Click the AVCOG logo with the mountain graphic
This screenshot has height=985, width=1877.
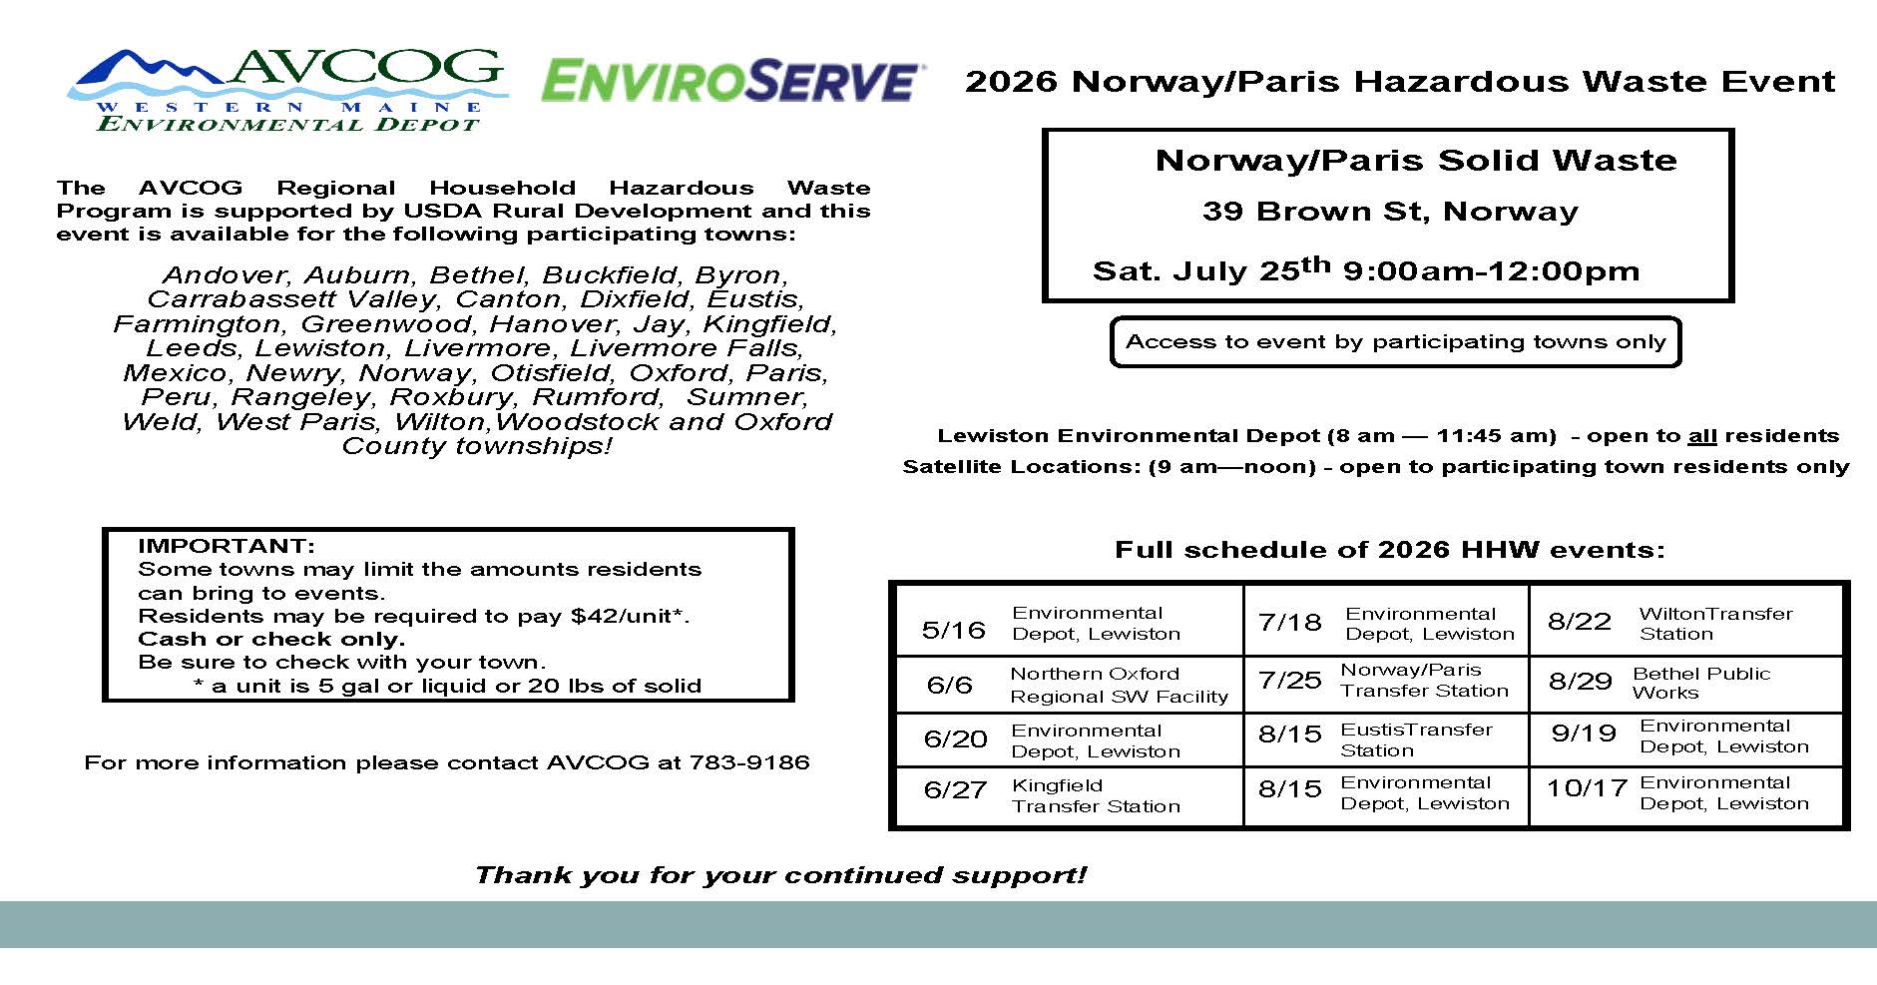pos(286,89)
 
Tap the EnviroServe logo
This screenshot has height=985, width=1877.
pos(731,81)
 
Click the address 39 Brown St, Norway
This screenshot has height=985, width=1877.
pos(1390,212)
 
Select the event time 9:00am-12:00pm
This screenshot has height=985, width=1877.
pos(1491,271)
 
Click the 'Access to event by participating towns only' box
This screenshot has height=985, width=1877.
pos(1395,342)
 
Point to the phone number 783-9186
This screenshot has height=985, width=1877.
pos(748,763)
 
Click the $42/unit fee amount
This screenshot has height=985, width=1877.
pos(630,616)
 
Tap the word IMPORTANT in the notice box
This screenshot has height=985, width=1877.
pos(227,546)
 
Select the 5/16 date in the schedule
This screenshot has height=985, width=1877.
pos(953,630)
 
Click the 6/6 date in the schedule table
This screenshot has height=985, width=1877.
pos(949,685)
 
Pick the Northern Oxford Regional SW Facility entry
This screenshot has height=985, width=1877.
pos(1118,685)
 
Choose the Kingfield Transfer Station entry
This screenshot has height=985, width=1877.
pos(1095,795)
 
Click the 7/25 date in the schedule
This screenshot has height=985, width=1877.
pos(1289,681)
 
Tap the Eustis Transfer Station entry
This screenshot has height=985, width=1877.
pos(1415,739)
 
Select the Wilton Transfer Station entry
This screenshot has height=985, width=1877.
pos(1714,623)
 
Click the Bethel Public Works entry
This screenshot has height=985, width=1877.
pos(1700,683)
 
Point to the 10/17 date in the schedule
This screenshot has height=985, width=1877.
pos(1587,788)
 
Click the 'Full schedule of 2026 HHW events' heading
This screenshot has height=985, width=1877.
pos(1389,550)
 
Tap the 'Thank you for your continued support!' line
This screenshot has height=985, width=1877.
pos(780,875)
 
